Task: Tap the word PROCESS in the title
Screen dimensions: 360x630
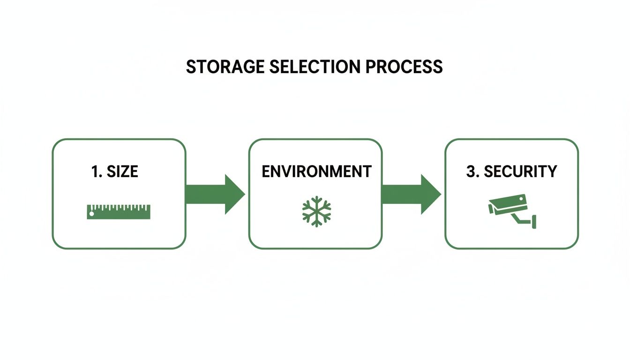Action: tap(404, 67)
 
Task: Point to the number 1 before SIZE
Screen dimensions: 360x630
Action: tap(95, 172)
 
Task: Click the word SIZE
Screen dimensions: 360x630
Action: tap(122, 172)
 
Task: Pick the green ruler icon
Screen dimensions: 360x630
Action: tap(119, 211)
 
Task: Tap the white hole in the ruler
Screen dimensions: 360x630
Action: tap(92, 214)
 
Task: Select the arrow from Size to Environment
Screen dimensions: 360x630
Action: tap(215, 194)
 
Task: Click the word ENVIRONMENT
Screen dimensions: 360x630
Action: tap(316, 172)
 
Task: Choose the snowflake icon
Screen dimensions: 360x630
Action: tap(316, 211)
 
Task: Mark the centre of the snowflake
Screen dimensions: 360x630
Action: tap(316, 211)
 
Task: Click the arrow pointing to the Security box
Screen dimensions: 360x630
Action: tap(411, 194)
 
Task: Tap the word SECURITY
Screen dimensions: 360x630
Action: tap(520, 172)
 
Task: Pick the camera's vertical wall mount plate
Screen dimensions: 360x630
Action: tap(534, 221)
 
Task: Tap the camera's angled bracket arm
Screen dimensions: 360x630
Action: tap(520, 218)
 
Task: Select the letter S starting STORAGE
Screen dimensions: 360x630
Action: tap(191, 67)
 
